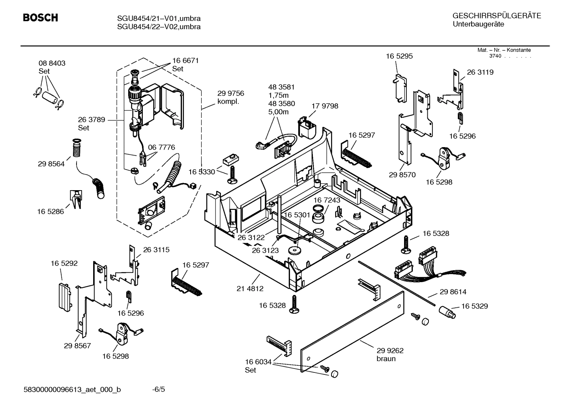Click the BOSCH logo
pos(40,18)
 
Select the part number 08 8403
pos(52,63)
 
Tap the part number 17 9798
pos(325,106)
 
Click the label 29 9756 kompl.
pos(230,97)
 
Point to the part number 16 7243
pos(327,200)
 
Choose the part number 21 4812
pos(250,288)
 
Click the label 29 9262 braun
pos(390,354)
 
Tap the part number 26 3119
pos(480,72)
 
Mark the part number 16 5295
pos(399,56)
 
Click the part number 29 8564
pos(51,164)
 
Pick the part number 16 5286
pos(51,211)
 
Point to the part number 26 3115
pos(156,250)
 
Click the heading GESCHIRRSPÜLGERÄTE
pos(496,16)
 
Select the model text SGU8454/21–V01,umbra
pos(159,19)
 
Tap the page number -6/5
pos(159,390)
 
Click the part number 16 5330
pos(202,172)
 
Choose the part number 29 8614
pos(453,292)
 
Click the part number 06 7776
pos(161,147)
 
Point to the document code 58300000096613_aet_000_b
pos(72,390)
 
